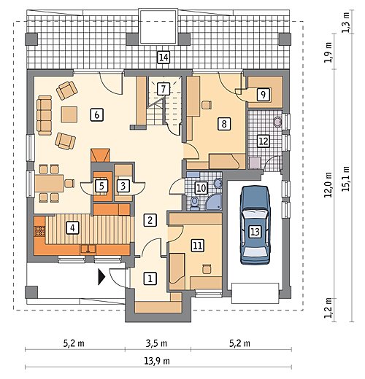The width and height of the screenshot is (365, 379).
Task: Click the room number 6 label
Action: (97, 114)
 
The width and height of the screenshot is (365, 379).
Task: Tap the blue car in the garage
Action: (255, 224)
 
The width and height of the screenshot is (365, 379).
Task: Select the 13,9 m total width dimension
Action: (157, 361)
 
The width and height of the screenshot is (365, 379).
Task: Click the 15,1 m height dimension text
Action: (345, 179)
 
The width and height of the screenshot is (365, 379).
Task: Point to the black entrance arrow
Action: (101, 276)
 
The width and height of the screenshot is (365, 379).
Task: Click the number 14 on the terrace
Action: (164, 58)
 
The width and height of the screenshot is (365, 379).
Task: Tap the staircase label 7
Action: (164, 89)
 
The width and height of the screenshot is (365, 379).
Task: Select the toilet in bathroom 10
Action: (194, 203)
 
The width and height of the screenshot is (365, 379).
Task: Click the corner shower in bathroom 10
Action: (214, 202)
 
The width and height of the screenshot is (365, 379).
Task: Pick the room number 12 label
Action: (264, 141)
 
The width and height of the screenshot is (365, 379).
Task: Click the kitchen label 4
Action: (72, 228)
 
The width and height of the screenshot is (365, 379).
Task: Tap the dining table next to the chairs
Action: (49, 183)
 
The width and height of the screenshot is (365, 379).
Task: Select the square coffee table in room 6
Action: (69, 114)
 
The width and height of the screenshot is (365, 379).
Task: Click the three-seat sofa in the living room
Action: (45, 115)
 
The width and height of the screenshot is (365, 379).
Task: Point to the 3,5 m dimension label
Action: (156, 343)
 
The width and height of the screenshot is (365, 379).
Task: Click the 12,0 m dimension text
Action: (328, 184)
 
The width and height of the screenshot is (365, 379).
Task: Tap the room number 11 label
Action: (198, 245)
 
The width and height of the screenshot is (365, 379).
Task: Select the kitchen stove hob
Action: (39, 231)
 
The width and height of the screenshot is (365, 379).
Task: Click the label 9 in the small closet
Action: (264, 94)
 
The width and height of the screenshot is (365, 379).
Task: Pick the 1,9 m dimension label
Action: (328, 52)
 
